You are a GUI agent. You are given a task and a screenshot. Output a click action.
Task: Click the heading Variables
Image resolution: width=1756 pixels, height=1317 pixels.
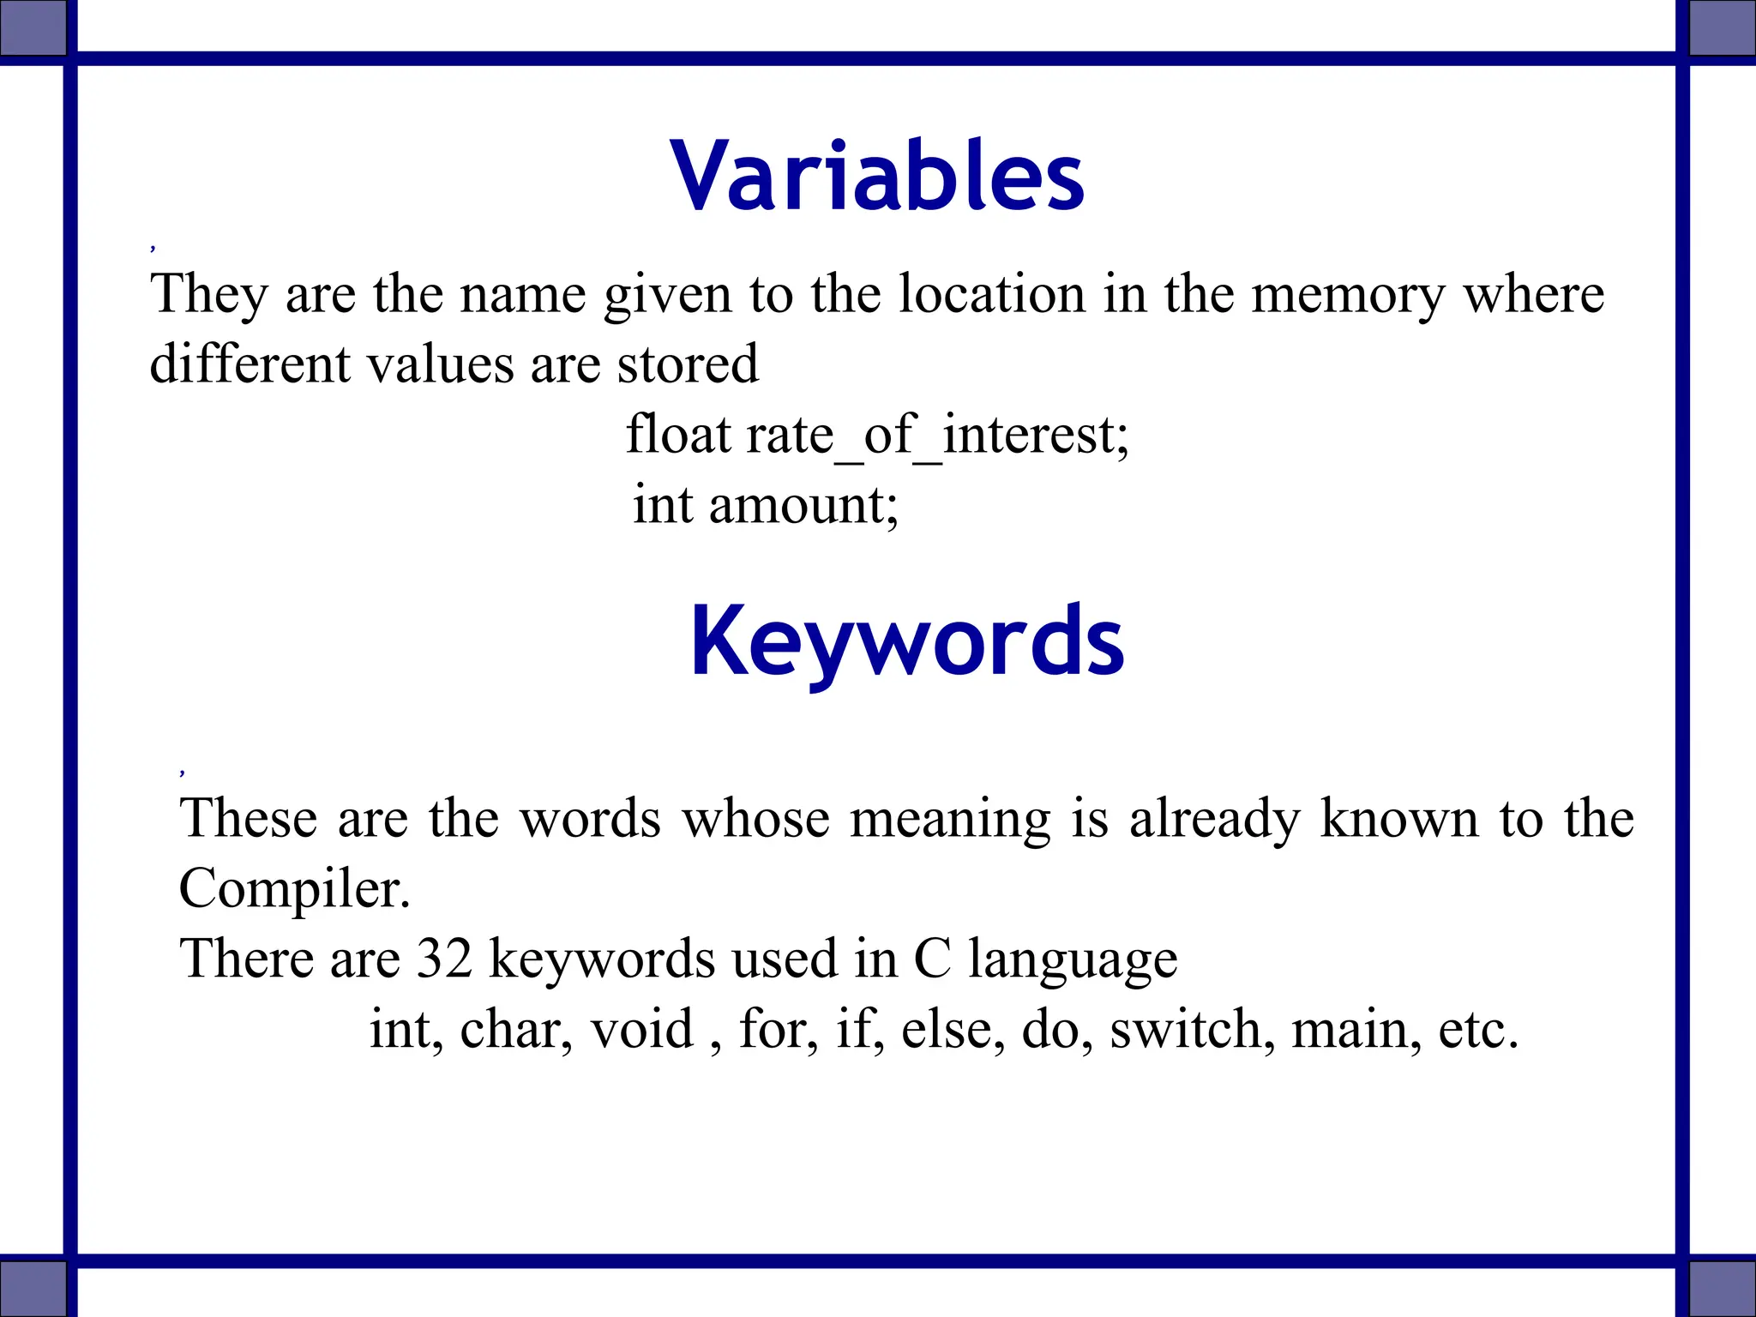coord(877,176)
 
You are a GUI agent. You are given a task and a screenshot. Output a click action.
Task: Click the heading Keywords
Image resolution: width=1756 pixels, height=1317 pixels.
coord(906,641)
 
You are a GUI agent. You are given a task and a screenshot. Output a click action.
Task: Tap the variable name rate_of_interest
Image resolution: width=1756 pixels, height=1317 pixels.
coord(937,435)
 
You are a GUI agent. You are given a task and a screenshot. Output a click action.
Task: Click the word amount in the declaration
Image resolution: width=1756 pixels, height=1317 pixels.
coord(803,505)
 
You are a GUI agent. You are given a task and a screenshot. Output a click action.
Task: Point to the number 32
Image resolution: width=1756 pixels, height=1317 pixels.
coord(444,958)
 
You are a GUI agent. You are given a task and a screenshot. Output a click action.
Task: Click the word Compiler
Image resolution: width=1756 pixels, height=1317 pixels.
coord(294,888)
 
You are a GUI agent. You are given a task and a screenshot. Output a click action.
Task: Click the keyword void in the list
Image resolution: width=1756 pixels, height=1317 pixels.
coord(641,1029)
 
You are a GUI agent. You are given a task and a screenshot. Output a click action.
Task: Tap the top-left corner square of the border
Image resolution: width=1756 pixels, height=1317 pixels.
coord(33,26)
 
